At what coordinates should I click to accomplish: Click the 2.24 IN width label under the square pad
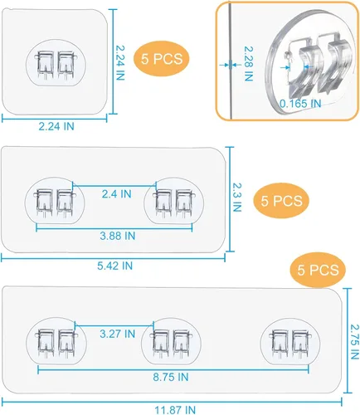pyautogui.click(x=56, y=126)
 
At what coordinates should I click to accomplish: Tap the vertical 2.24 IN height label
pyautogui.click(x=119, y=63)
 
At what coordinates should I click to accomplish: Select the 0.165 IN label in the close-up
pyautogui.click(x=300, y=104)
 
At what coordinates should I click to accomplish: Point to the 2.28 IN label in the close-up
pyautogui.click(x=249, y=64)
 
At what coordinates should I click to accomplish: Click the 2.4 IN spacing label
pyautogui.click(x=116, y=194)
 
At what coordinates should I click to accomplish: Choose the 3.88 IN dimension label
pyautogui.click(x=118, y=236)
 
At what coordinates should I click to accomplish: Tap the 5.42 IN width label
pyautogui.click(x=114, y=266)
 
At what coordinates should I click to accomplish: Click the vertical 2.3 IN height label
pyautogui.click(x=237, y=198)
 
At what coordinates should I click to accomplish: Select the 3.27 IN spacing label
pyautogui.click(x=118, y=334)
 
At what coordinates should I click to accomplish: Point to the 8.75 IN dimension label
pyautogui.click(x=171, y=377)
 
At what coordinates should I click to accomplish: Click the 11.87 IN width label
pyautogui.click(x=175, y=410)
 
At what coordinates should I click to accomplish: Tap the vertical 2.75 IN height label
pyautogui.click(x=355, y=342)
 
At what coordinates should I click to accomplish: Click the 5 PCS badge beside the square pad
pyautogui.click(x=162, y=59)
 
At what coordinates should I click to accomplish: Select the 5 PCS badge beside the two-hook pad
pyautogui.click(x=281, y=201)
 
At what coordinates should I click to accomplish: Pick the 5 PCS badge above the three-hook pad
pyautogui.click(x=318, y=270)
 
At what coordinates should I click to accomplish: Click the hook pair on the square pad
pyautogui.click(x=56, y=66)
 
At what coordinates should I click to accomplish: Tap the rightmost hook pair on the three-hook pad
pyautogui.click(x=290, y=344)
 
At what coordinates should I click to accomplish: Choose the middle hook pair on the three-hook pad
pyautogui.click(x=171, y=344)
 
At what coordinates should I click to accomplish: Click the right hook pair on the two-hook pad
pyautogui.click(x=174, y=203)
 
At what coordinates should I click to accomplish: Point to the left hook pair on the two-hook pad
pyautogui.click(x=55, y=203)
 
